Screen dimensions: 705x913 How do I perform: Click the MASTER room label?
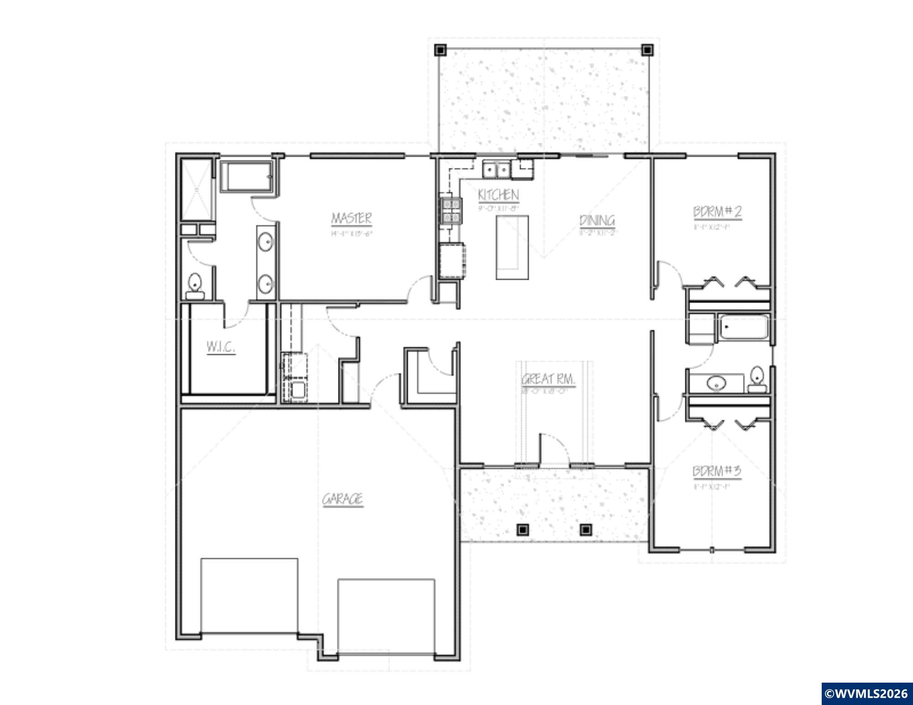(x=351, y=218)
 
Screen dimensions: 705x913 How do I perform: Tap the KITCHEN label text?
(x=498, y=195)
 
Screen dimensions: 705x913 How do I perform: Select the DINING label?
(x=597, y=221)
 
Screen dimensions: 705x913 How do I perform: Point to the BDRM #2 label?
(x=717, y=212)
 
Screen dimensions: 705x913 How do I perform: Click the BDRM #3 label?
(x=717, y=471)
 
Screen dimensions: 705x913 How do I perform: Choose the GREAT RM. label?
(x=548, y=379)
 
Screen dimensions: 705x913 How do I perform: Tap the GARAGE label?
(x=343, y=499)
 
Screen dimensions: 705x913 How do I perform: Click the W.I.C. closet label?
(x=221, y=347)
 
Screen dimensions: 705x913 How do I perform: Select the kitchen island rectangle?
(x=512, y=247)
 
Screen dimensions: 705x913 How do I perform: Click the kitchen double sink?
(x=496, y=170)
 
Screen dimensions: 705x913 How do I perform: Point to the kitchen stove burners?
(x=451, y=210)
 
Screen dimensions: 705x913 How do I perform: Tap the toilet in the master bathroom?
(x=195, y=285)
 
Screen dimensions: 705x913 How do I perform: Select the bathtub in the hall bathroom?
(x=744, y=327)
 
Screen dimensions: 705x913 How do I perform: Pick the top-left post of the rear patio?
(x=440, y=49)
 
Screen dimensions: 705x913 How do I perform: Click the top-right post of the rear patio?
(x=647, y=49)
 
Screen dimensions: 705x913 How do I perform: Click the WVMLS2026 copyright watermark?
(x=866, y=694)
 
